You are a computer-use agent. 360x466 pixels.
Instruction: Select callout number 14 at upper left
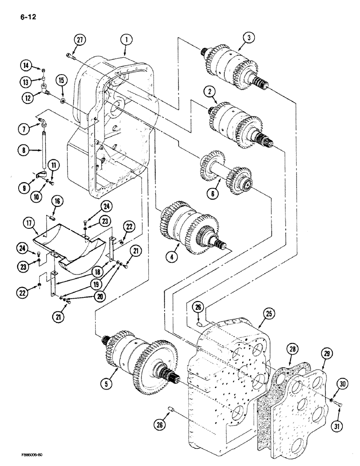26,66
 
